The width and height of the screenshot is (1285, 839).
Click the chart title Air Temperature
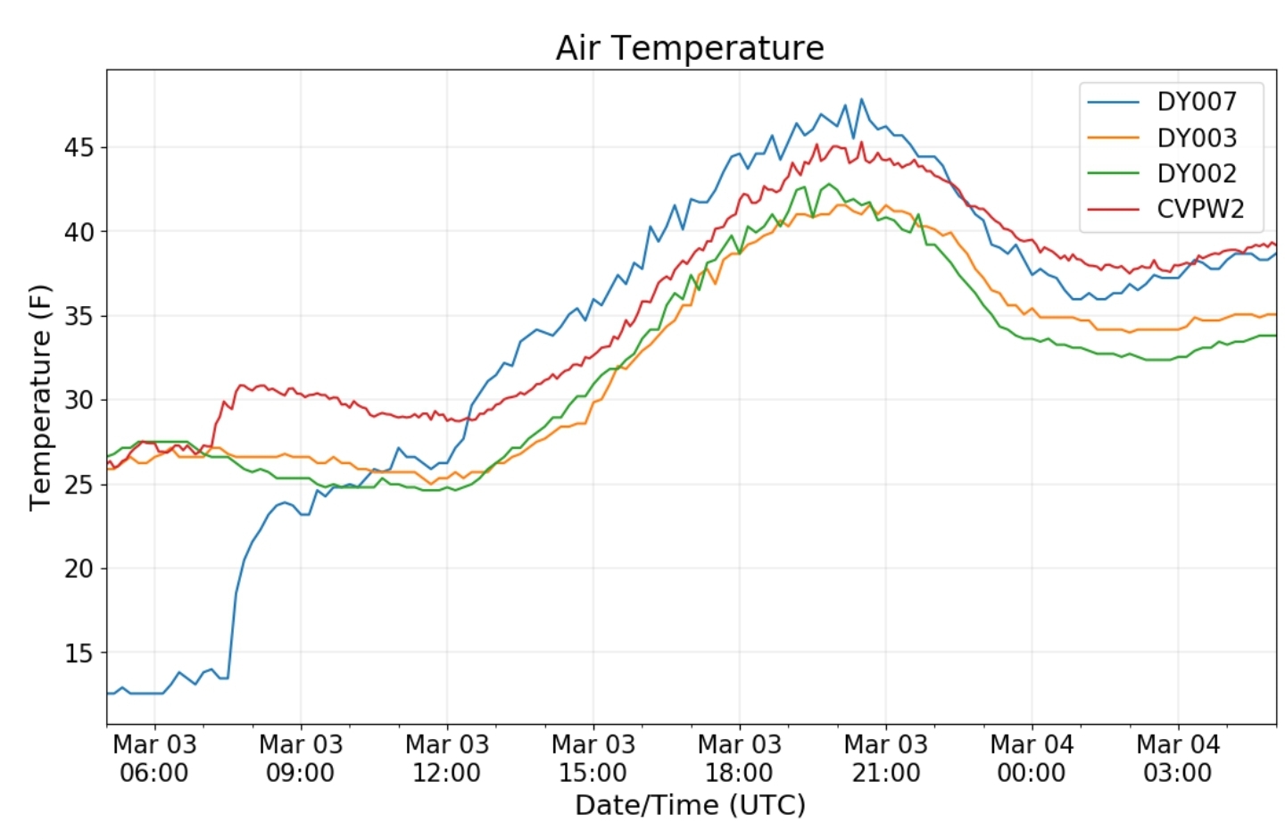point(690,47)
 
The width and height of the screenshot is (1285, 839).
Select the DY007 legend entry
point(1165,102)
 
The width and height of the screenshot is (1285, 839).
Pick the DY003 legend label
point(1197,137)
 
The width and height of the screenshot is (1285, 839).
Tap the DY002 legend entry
point(1165,173)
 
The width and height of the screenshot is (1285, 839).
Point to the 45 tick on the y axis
point(79,148)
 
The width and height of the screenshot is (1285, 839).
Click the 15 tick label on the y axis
point(79,653)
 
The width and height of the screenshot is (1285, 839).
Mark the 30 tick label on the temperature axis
point(79,400)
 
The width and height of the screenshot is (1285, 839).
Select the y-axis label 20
point(79,569)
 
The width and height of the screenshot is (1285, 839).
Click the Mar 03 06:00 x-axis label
point(154,759)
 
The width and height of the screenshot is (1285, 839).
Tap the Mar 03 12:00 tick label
point(447,759)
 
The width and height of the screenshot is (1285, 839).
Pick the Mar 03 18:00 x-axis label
point(740,759)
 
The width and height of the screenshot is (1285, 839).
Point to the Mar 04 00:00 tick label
point(1032,759)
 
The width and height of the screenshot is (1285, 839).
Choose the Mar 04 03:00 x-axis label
point(1178,759)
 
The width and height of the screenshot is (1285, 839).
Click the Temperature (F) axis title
point(40,397)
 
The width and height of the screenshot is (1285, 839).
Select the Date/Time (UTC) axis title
point(690,805)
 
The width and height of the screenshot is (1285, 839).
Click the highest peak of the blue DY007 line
point(861,99)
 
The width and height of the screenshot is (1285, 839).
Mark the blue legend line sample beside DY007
point(1113,102)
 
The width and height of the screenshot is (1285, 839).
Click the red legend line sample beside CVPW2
point(1113,210)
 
